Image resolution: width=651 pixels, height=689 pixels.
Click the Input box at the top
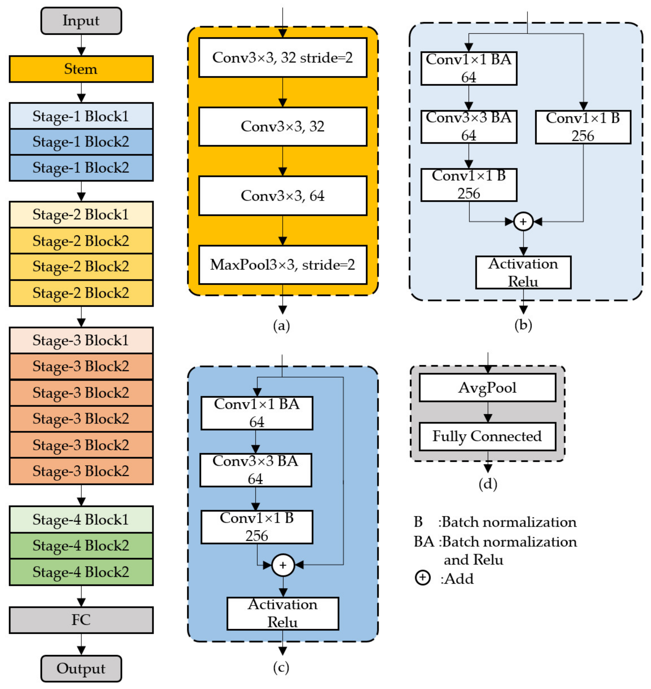(x=81, y=21)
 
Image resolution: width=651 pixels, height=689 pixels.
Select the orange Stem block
(x=81, y=69)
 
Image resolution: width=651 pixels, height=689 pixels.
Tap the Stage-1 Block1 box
(x=81, y=116)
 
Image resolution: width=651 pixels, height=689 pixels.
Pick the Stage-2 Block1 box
(x=81, y=214)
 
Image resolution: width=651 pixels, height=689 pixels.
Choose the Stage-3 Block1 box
(x=81, y=340)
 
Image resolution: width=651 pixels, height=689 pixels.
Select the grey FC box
(x=81, y=620)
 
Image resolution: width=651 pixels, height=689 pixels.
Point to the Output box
(x=81, y=668)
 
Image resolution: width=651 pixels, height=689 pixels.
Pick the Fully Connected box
(x=487, y=436)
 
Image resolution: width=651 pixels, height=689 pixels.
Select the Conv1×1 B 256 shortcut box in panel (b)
(x=583, y=127)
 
